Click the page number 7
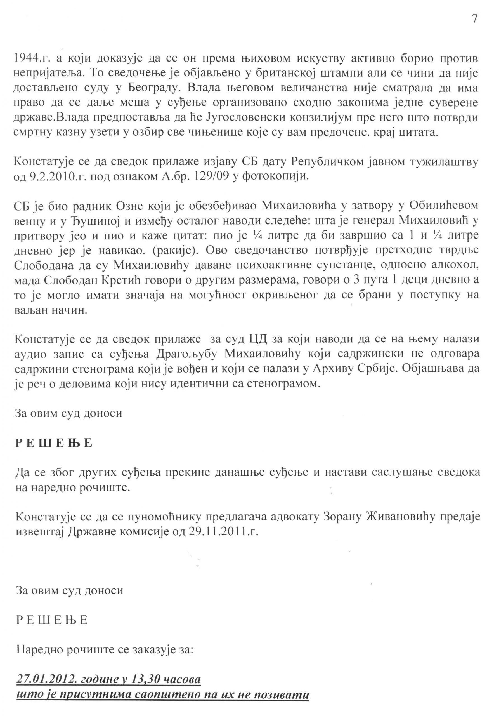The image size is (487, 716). tap(474, 19)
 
